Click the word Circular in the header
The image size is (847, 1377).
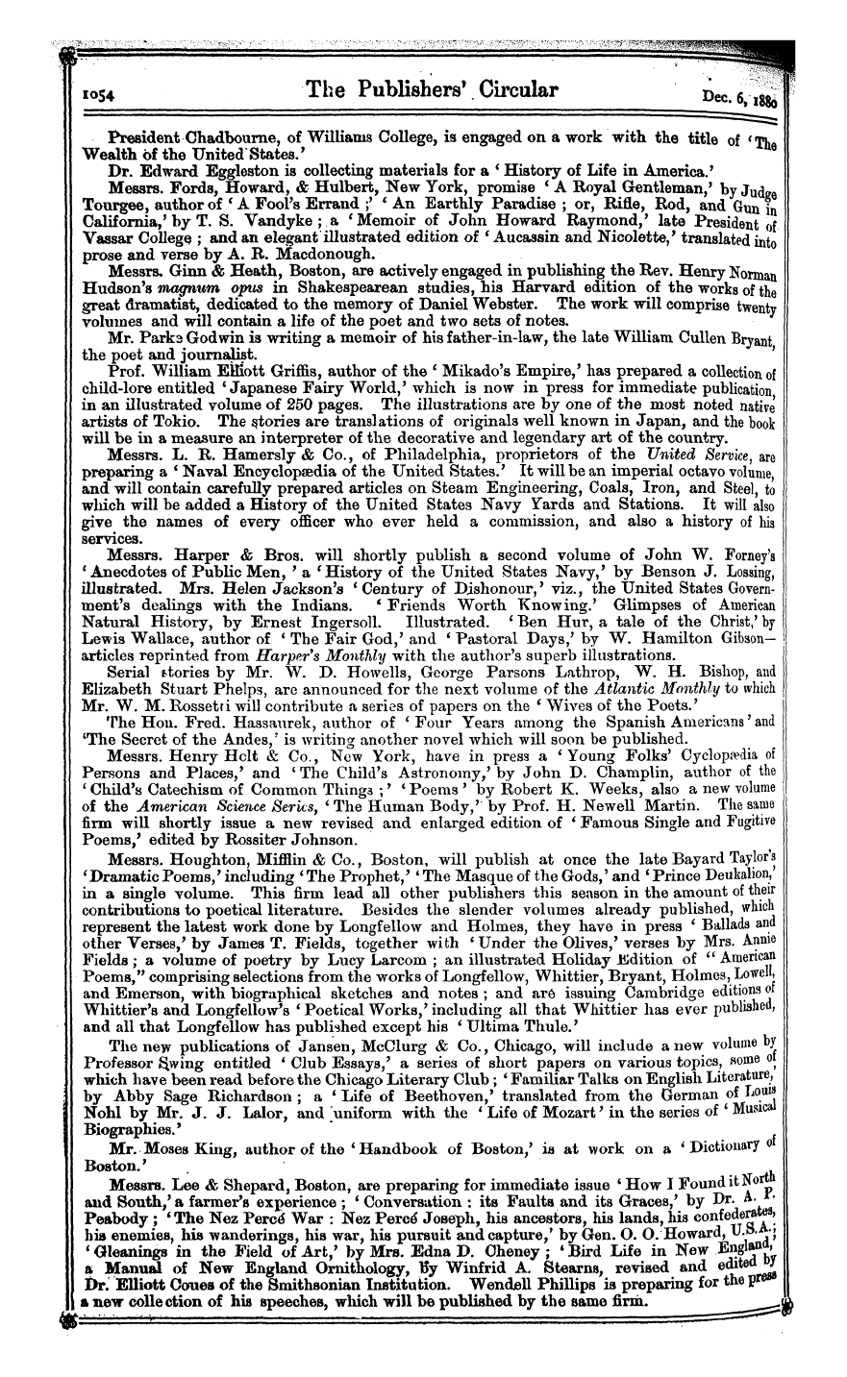click(499, 91)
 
